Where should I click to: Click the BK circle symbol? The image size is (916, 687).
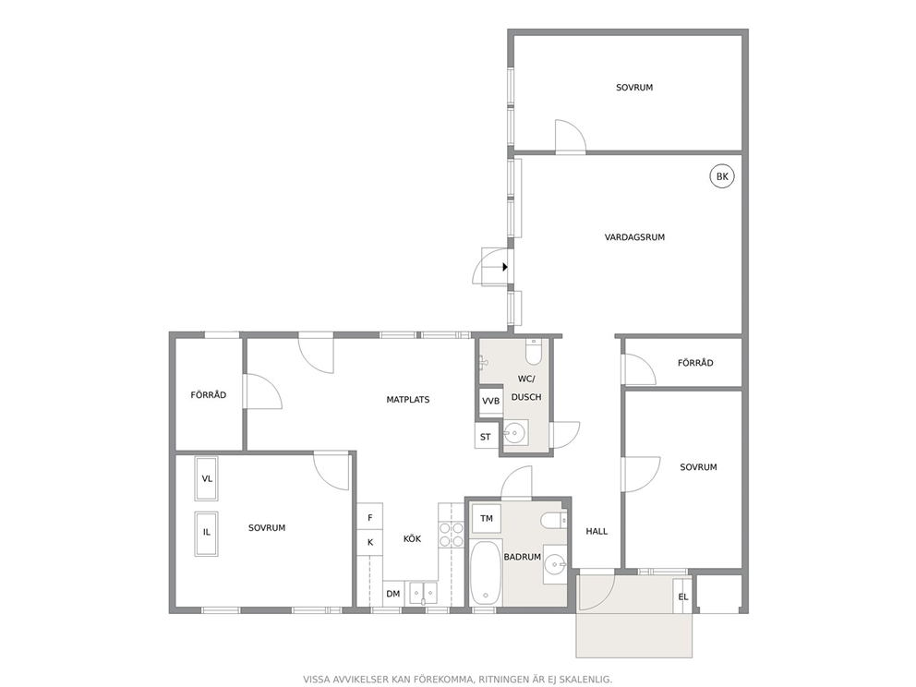pyautogui.click(x=722, y=176)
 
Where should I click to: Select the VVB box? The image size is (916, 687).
pyautogui.click(x=490, y=401)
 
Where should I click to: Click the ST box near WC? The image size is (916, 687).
pyautogui.click(x=486, y=437)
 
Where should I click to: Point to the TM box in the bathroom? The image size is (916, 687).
pyautogui.click(x=486, y=519)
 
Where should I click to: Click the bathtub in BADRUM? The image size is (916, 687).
pyautogui.click(x=485, y=573)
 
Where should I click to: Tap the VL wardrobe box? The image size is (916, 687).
pyautogui.click(x=207, y=479)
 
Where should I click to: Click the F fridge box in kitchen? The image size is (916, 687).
pyautogui.click(x=369, y=518)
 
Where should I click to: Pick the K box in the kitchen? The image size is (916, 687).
pyautogui.click(x=369, y=543)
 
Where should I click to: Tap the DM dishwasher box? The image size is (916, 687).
pyautogui.click(x=393, y=594)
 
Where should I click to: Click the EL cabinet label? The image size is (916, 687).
pyautogui.click(x=683, y=597)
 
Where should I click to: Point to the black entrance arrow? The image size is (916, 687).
pyautogui.click(x=505, y=267)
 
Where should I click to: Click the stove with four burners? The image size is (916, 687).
pyautogui.click(x=451, y=535)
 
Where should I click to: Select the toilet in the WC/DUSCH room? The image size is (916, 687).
pyautogui.click(x=534, y=352)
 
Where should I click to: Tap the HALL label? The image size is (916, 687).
pyautogui.click(x=597, y=531)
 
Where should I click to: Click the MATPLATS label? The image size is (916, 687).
pyautogui.click(x=408, y=400)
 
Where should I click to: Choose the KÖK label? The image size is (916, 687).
pyautogui.click(x=412, y=538)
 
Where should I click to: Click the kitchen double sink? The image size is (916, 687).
pyautogui.click(x=423, y=593)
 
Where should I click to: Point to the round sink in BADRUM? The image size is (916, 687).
pyautogui.click(x=555, y=564)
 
